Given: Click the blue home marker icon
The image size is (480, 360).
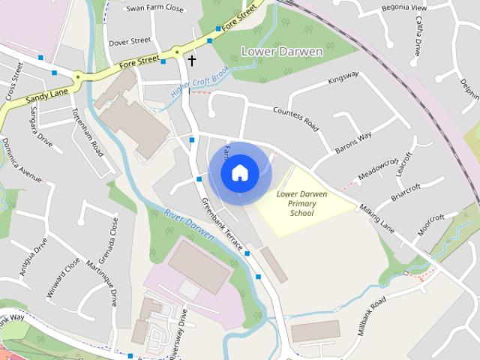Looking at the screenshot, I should pyautogui.click(x=239, y=172).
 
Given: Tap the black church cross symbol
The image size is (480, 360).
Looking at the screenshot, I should pyautogui.click(x=192, y=60).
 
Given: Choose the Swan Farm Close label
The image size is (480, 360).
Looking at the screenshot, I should pyautogui.click(x=154, y=9).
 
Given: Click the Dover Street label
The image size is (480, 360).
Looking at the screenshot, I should pyautogui.click(x=130, y=41).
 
